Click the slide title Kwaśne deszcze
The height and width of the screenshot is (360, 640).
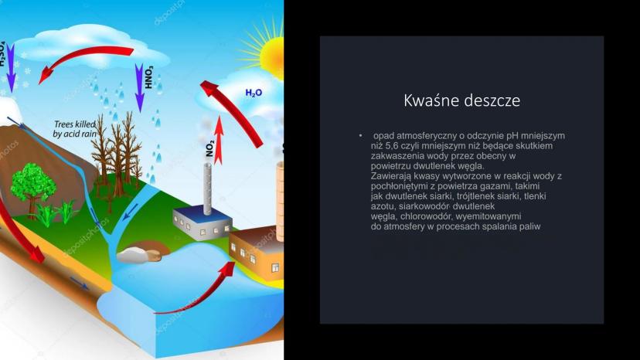(461, 100)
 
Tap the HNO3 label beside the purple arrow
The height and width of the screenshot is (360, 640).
(149, 77)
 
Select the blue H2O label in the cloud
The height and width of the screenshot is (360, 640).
(254, 93)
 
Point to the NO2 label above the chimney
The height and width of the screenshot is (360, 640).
(209, 149)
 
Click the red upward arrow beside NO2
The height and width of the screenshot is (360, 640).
(220, 140)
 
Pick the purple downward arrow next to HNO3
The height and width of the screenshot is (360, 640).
(140, 87)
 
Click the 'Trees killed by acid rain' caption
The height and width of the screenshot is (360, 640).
(75, 128)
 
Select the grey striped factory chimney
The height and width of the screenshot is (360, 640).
(207, 188)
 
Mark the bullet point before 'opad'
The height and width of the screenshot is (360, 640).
(361, 135)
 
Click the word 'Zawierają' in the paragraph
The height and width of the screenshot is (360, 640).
(390, 176)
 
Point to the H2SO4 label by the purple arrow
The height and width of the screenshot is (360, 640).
(2, 53)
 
